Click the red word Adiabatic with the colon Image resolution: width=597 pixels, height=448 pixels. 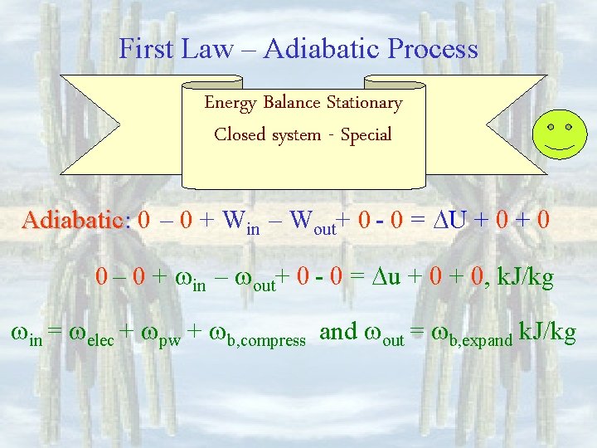pyautogui.click(x=76, y=222)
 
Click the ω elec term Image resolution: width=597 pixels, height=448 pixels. pyautogui.click(x=96, y=334)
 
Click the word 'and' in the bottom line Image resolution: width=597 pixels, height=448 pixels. pyautogui.click(x=338, y=332)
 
